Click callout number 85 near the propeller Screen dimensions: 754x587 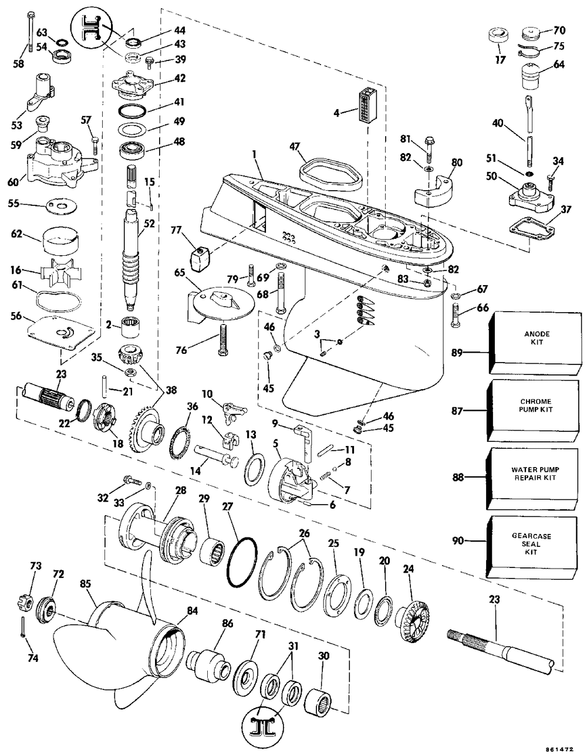pos(86,584)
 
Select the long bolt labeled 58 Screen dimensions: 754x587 pos(28,35)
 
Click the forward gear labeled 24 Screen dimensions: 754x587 pos(414,616)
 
